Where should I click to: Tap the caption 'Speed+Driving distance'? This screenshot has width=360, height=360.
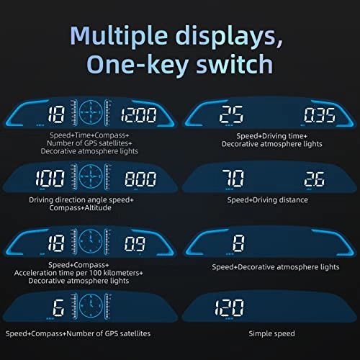[x=267, y=199]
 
